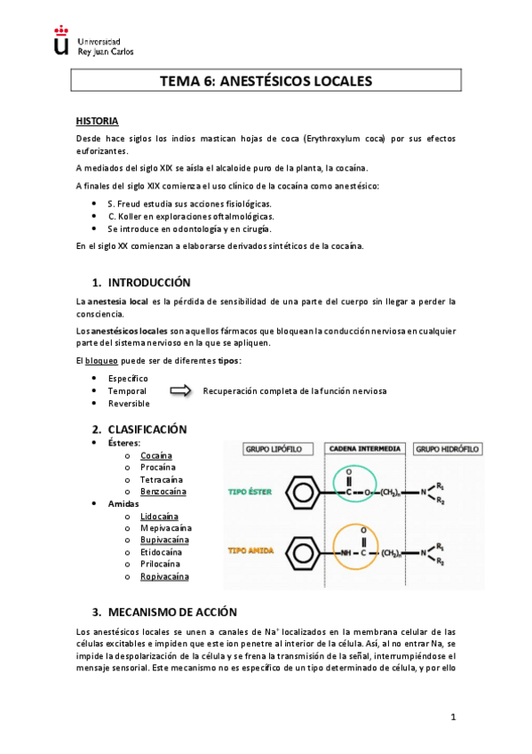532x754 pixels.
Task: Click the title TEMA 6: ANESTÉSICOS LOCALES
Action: point(265,81)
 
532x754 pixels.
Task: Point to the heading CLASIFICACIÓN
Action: point(147,429)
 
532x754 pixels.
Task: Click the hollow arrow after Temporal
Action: point(180,390)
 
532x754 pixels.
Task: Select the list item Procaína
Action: point(157,467)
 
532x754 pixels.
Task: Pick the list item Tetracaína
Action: point(161,479)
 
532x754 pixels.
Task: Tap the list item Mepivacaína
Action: point(164,527)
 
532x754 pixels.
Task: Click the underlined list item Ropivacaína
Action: point(164,576)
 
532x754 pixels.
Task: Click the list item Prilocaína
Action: point(160,564)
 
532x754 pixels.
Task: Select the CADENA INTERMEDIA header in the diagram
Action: point(365,450)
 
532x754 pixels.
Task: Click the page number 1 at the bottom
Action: point(452,717)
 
